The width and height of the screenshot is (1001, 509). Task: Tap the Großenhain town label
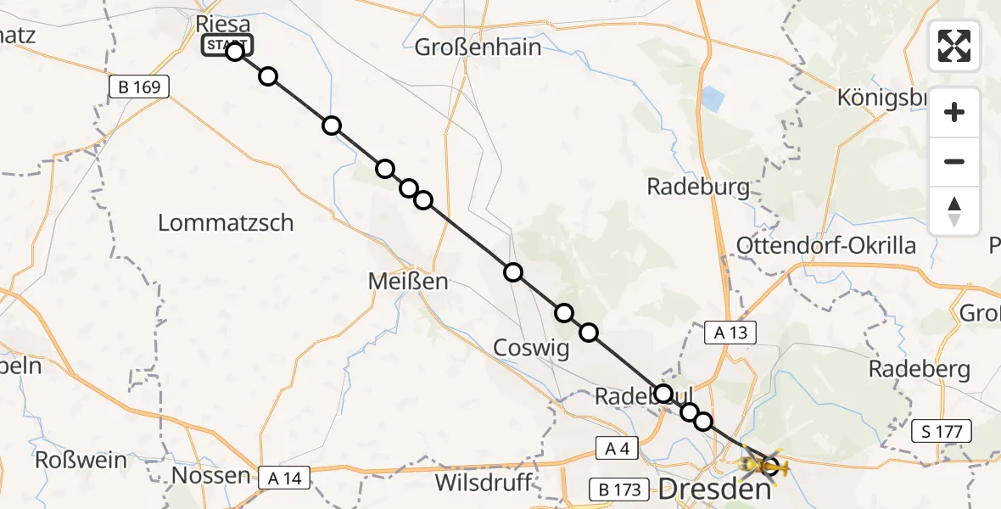pos(478,48)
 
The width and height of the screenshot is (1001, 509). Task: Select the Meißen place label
pos(407,281)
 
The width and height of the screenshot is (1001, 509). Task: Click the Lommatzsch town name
pos(226,223)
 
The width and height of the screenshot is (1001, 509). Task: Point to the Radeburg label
pos(698,187)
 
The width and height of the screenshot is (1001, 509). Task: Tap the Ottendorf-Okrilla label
pos(826,246)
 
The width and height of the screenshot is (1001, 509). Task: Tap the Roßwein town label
pos(81,461)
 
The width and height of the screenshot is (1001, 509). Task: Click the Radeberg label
pos(919,370)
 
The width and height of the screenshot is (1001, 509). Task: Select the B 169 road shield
pos(140,87)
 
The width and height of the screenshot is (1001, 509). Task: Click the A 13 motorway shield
pos(730,333)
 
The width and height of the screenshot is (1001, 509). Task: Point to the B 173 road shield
pos(618,489)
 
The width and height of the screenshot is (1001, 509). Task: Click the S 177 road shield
pos(948,432)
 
